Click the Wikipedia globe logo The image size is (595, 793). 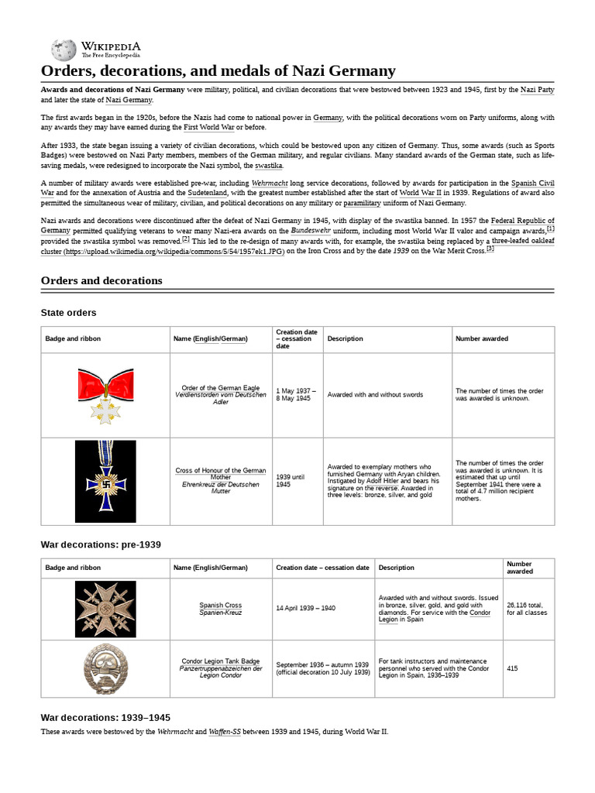pos(64,50)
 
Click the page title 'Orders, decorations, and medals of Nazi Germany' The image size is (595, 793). pos(218,71)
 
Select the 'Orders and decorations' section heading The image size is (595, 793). pos(101,280)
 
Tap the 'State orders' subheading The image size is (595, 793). pos(68,312)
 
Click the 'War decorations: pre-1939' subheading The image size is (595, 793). pos(101,544)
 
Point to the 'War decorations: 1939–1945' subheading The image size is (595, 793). pos(105,717)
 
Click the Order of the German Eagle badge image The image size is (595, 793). pos(105,395)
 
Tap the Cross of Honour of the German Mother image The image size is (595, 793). pos(105,481)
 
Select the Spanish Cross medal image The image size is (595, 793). pos(105,609)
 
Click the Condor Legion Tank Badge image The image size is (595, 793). pos(105,666)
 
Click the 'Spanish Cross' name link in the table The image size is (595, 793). pos(221,605)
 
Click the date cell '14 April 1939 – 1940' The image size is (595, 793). pos(305,609)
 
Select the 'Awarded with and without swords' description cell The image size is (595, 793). pos(375,394)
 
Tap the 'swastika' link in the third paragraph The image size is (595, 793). pos(268,165)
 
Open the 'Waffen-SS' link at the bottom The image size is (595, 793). pos(224,732)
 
